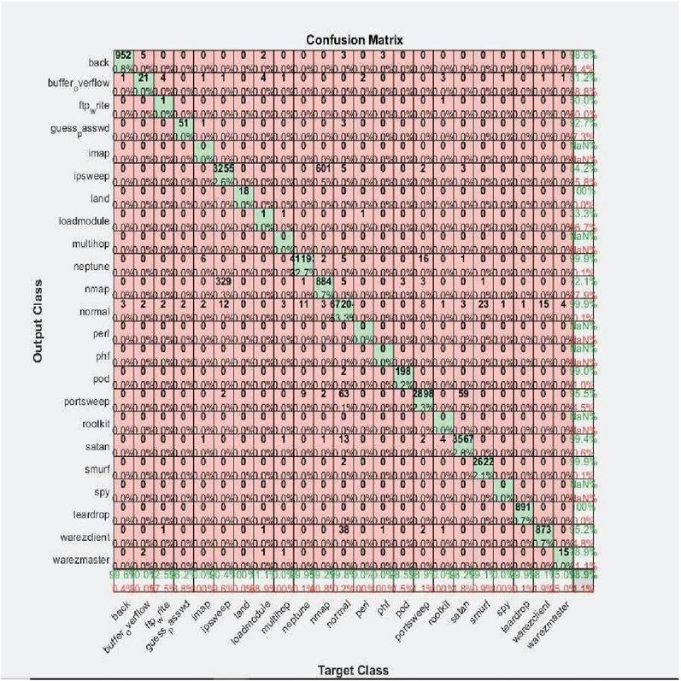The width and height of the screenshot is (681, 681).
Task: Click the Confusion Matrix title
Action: pyautogui.click(x=351, y=38)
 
